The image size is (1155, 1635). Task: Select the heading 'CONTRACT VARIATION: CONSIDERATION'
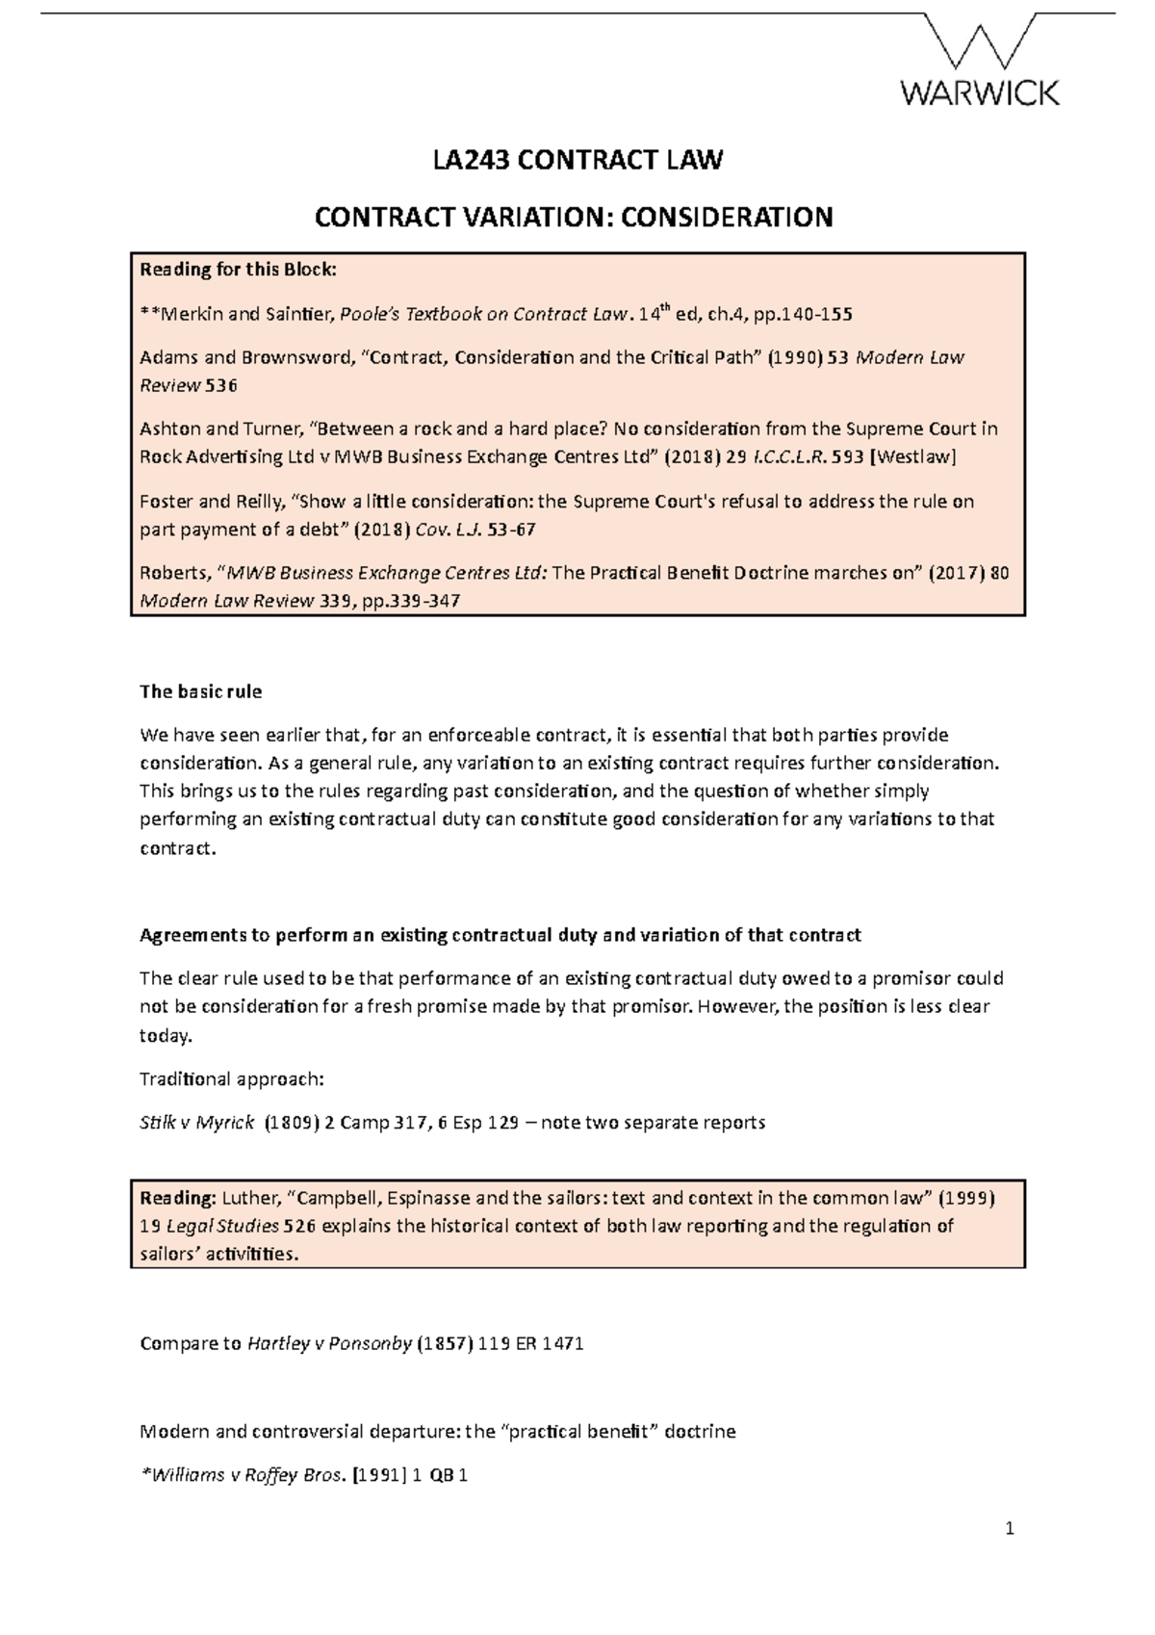574,218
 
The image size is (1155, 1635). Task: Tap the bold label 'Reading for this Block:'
239,270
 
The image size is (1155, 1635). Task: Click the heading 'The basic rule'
200,692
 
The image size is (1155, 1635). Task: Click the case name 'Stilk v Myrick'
197,1123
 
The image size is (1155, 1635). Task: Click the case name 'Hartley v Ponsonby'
328,1344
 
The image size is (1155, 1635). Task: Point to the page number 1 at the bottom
1010,1529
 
